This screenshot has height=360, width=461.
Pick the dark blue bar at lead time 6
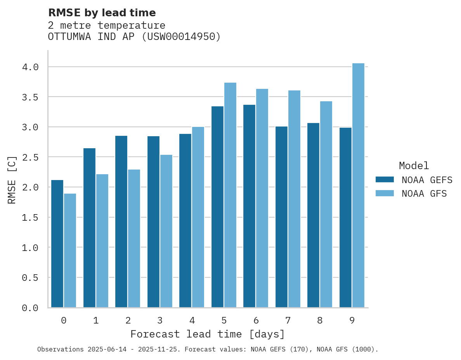click(x=249, y=206)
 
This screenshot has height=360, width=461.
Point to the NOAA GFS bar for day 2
click(x=134, y=239)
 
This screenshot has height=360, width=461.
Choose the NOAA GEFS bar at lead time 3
click(x=153, y=222)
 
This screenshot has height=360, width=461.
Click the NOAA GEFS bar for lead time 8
click(x=313, y=215)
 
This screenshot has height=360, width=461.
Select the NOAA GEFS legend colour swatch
click(x=385, y=180)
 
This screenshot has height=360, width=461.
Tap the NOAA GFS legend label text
click(x=424, y=194)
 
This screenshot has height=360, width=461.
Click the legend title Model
click(x=414, y=166)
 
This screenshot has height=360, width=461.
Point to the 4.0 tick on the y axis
click(x=30, y=67)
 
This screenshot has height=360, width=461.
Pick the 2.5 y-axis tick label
click(x=30, y=157)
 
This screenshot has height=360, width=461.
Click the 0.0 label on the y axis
click(x=30, y=308)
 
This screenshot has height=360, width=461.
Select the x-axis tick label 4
click(x=192, y=320)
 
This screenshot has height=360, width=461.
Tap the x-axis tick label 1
click(x=95, y=320)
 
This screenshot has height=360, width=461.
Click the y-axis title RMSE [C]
click(x=12, y=180)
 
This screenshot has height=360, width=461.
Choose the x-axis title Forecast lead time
click(x=207, y=334)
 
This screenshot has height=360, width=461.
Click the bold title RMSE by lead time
click(x=102, y=13)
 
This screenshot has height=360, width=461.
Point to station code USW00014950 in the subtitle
click(x=182, y=37)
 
